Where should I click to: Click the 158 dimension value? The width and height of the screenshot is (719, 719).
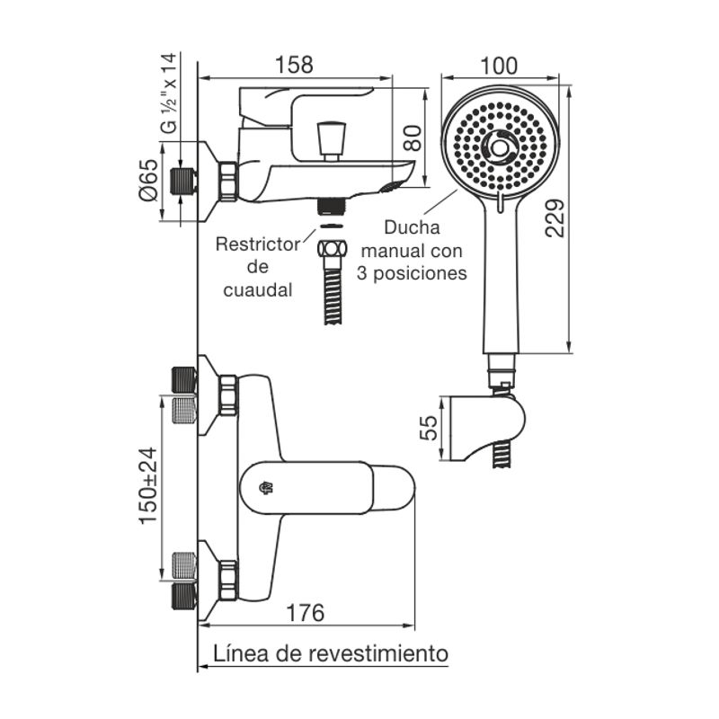[294, 65]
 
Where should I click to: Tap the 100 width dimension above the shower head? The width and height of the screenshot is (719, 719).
[499, 66]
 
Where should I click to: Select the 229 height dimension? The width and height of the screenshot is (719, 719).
[555, 217]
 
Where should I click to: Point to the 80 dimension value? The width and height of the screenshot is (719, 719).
[413, 138]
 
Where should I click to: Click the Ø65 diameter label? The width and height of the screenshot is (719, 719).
[148, 180]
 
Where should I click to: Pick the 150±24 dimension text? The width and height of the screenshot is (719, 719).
[147, 485]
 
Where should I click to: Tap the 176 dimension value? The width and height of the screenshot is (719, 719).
[305, 613]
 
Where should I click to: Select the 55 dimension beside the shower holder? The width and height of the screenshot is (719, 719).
[430, 428]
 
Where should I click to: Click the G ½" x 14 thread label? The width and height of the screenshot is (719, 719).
[169, 93]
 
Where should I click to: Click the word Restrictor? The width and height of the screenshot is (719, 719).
[258, 244]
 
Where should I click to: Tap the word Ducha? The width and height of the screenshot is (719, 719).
[412, 227]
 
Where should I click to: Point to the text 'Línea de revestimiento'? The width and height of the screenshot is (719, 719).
[331, 653]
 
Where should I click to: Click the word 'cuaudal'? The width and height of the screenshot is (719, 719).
[258, 289]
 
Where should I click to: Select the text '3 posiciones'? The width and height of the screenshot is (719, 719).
[412, 273]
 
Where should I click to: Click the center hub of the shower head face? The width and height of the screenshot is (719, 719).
[500, 147]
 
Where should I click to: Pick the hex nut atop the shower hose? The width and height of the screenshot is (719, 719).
[333, 249]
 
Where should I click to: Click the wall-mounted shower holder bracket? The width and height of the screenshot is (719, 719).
[487, 428]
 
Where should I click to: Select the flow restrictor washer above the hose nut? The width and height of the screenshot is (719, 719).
[332, 226]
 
